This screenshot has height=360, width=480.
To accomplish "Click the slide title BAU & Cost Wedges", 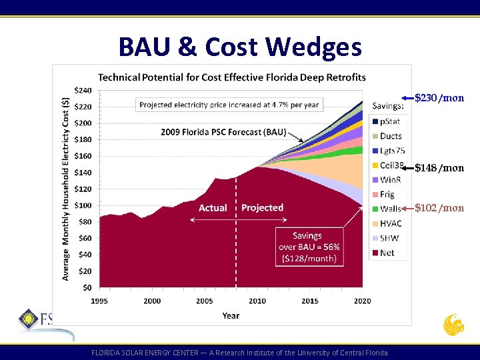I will click(x=240, y=47).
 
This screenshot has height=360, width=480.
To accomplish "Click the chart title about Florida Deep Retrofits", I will click(x=232, y=78).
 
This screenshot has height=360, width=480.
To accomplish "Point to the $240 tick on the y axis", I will click(x=83, y=90).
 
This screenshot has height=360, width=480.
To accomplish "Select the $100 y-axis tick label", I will click(x=83, y=205).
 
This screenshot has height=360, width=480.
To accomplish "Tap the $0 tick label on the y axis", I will click(x=87, y=287).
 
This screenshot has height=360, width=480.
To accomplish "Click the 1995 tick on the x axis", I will click(x=99, y=301).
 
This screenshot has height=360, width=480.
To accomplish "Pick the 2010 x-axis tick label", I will click(x=257, y=301).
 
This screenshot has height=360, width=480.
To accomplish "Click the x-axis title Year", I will click(x=231, y=315).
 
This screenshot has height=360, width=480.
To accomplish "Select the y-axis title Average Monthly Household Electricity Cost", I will click(x=66, y=189).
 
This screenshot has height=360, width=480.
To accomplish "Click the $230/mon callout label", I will click(x=439, y=99).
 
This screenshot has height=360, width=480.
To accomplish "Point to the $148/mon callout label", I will click(x=439, y=167).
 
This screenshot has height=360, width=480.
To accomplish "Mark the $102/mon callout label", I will click(x=439, y=208).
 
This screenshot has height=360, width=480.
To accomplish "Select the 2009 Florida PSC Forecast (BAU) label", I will click(x=223, y=131).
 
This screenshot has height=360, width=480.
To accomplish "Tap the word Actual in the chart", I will click(x=213, y=208).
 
